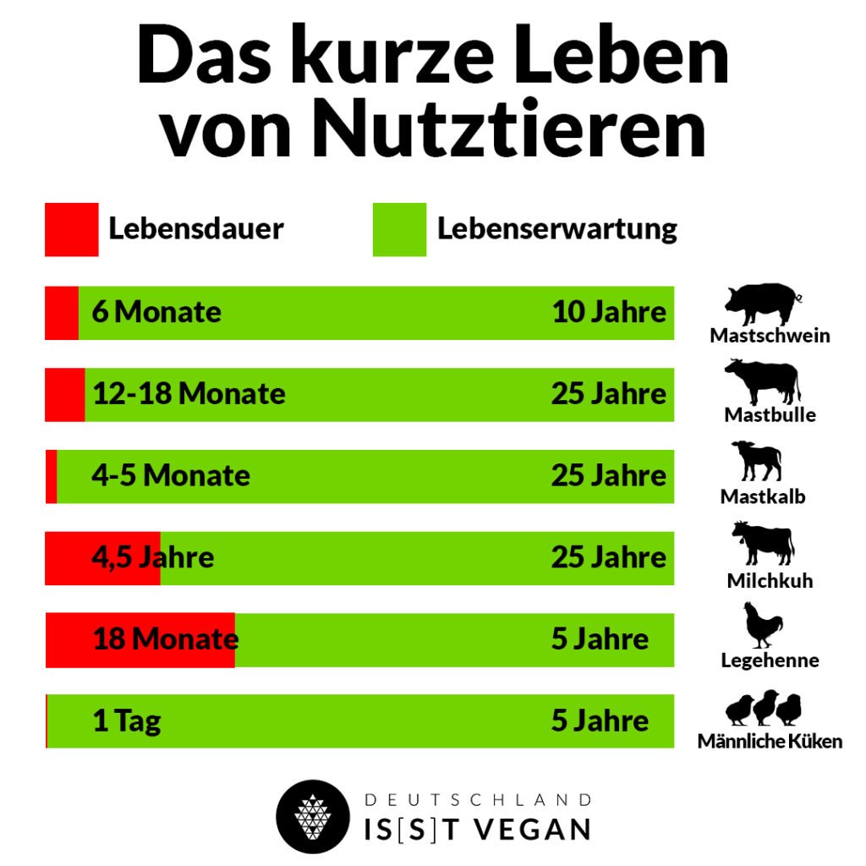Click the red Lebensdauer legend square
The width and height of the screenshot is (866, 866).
(x=71, y=229)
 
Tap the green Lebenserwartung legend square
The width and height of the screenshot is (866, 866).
(x=399, y=229)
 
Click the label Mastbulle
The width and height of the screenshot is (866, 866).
(x=770, y=414)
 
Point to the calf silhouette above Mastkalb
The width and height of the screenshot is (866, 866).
(x=756, y=461)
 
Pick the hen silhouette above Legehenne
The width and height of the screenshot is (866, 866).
(x=763, y=625)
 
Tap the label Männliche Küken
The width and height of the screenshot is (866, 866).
(x=770, y=742)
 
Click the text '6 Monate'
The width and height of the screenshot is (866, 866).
(x=156, y=312)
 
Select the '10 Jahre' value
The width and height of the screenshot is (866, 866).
(x=609, y=312)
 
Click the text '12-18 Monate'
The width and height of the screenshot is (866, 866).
(x=189, y=394)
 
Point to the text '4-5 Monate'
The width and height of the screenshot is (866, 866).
(x=171, y=475)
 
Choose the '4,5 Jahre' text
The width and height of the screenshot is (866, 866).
(x=153, y=557)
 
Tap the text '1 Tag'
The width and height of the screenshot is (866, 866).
(x=127, y=721)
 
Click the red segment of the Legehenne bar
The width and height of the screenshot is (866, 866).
(x=140, y=640)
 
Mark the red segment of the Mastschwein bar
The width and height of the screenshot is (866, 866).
(x=62, y=313)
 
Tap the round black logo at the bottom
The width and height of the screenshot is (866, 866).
(x=313, y=816)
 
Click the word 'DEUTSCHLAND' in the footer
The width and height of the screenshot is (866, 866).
(x=478, y=800)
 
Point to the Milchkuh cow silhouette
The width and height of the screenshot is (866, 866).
(x=763, y=543)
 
